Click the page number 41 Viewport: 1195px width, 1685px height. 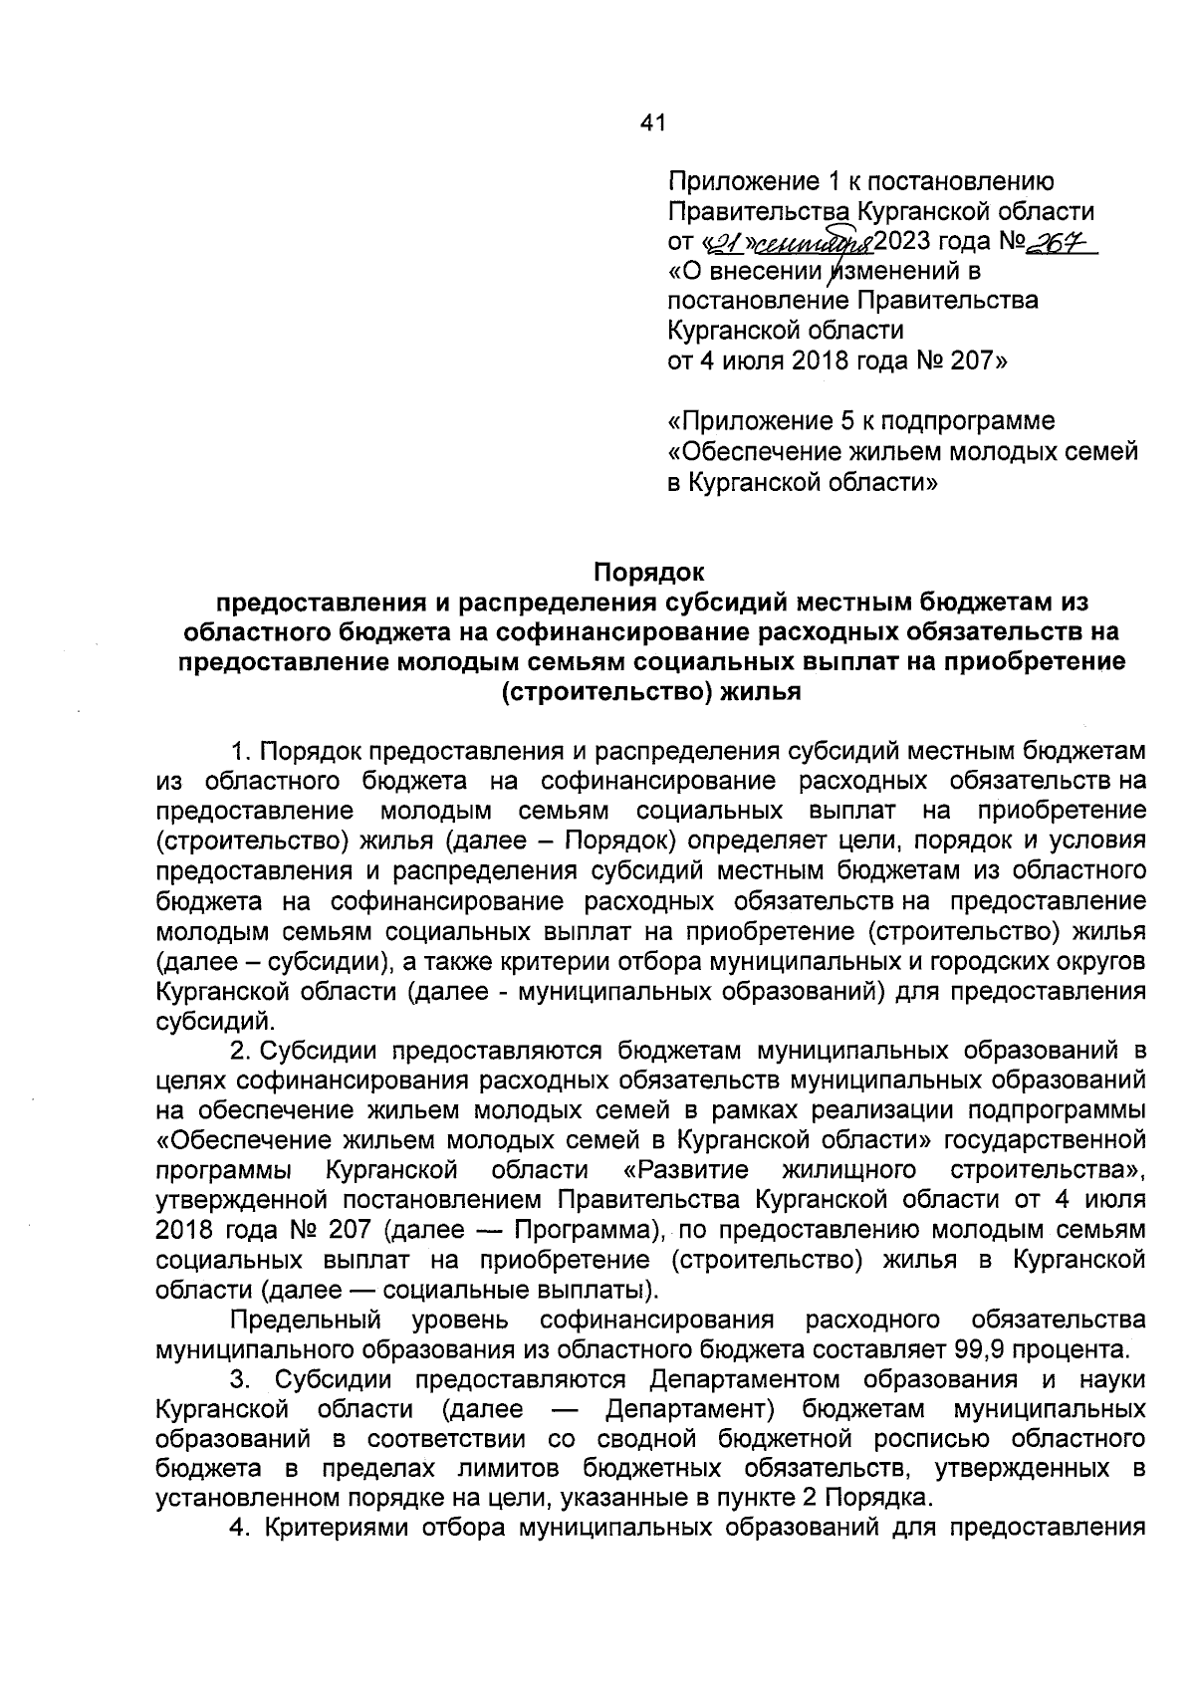[651, 123]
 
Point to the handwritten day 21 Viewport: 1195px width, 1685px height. [726, 243]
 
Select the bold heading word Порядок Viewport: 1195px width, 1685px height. [649, 573]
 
